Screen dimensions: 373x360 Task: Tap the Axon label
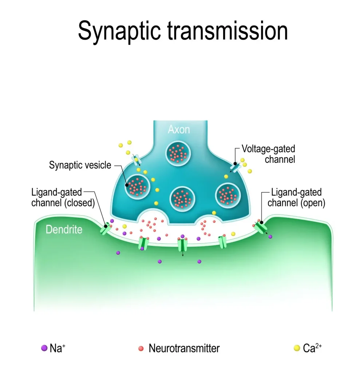179,129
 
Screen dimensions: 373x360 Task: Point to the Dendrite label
64,229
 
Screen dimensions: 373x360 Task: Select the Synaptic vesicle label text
80,165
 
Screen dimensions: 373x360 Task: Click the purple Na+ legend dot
44,348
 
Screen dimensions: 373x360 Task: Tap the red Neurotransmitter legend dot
141,348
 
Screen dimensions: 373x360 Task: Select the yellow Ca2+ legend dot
296,348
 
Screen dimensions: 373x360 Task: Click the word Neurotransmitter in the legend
184,348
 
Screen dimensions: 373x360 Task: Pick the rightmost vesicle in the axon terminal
228,194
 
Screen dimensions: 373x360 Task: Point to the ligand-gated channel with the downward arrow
182,245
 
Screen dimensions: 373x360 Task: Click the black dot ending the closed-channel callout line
106,226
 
